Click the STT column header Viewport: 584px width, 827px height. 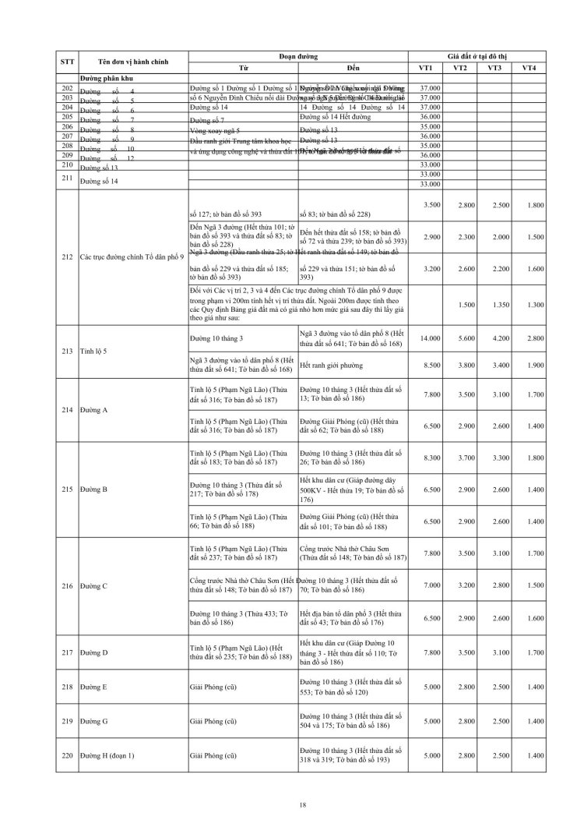pyautogui.click(x=66, y=61)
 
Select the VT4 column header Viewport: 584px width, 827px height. pyautogui.click(x=529, y=68)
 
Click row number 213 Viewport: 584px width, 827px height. pyautogui.click(x=66, y=351)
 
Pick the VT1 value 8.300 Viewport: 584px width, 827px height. pyautogui.click(x=427, y=458)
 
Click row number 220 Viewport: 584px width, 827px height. pyautogui.click(x=66, y=756)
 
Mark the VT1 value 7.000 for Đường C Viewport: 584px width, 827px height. pyautogui.click(x=427, y=585)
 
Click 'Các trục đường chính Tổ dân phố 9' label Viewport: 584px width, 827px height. pyautogui.click(x=132, y=256)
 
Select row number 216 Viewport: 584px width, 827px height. pyautogui.click(x=66, y=585)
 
